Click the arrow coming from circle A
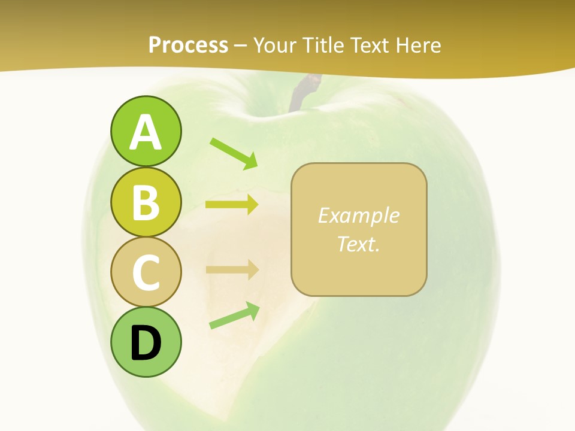(x=234, y=153)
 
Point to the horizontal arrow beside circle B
(x=232, y=205)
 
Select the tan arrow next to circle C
(x=232, y=270)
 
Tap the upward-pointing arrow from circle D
(x=234, y=315)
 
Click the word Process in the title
(x=188, y=45)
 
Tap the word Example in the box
(x=359, y=215)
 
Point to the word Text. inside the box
(x=359, y=244)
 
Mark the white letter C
(x=146, y=273)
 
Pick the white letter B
(x=146, y=202)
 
